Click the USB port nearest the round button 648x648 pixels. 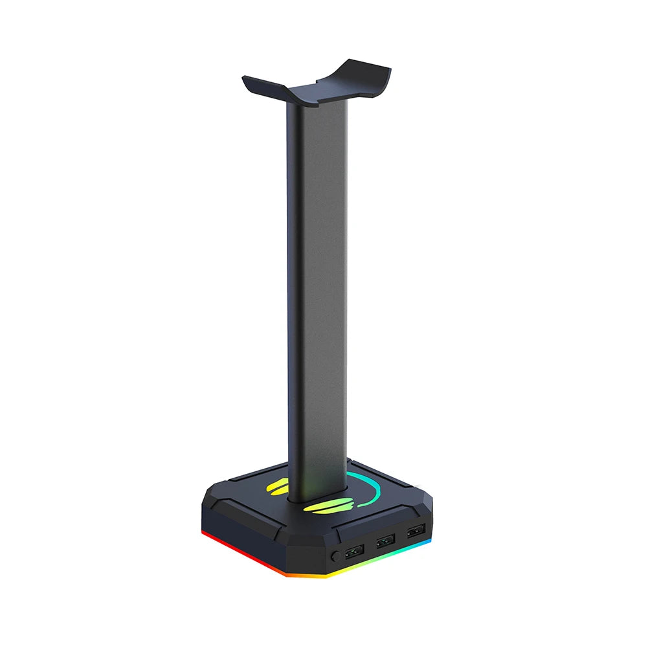coord(354,553)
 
